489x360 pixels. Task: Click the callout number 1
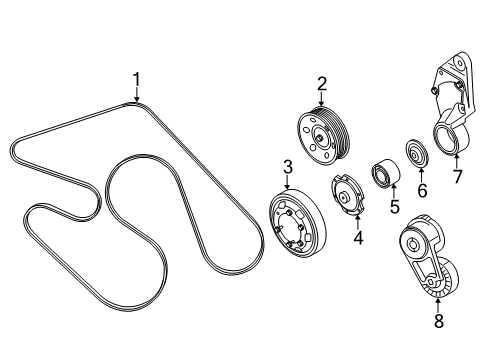click(x=138, y=78)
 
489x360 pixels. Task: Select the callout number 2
click(x=322, y=84)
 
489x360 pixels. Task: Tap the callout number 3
click(x=286, y=166)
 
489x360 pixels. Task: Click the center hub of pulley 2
click(x=318, y=138)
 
